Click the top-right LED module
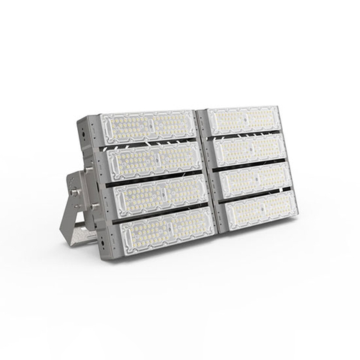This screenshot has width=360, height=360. click(241, 120)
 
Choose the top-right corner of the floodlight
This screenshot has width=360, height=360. click(276, 107)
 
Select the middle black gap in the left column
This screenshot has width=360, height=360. click(154, 177)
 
